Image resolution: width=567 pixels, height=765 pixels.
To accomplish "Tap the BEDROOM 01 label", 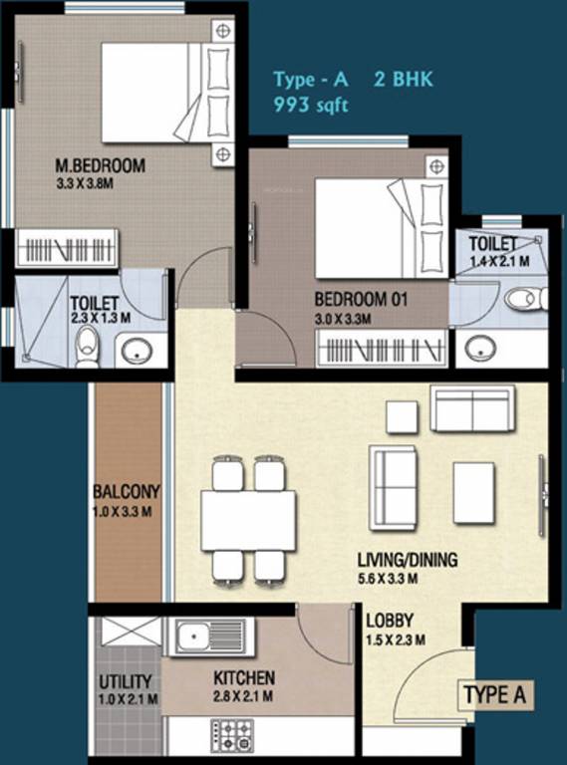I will point(361,299).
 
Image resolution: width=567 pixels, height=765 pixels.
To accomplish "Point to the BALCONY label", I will point(127,492).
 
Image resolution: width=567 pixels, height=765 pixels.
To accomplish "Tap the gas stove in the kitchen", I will point(231,734).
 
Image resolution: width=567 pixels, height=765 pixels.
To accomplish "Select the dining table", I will point(248,520).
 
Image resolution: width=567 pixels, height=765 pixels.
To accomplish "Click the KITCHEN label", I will point(244,678).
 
